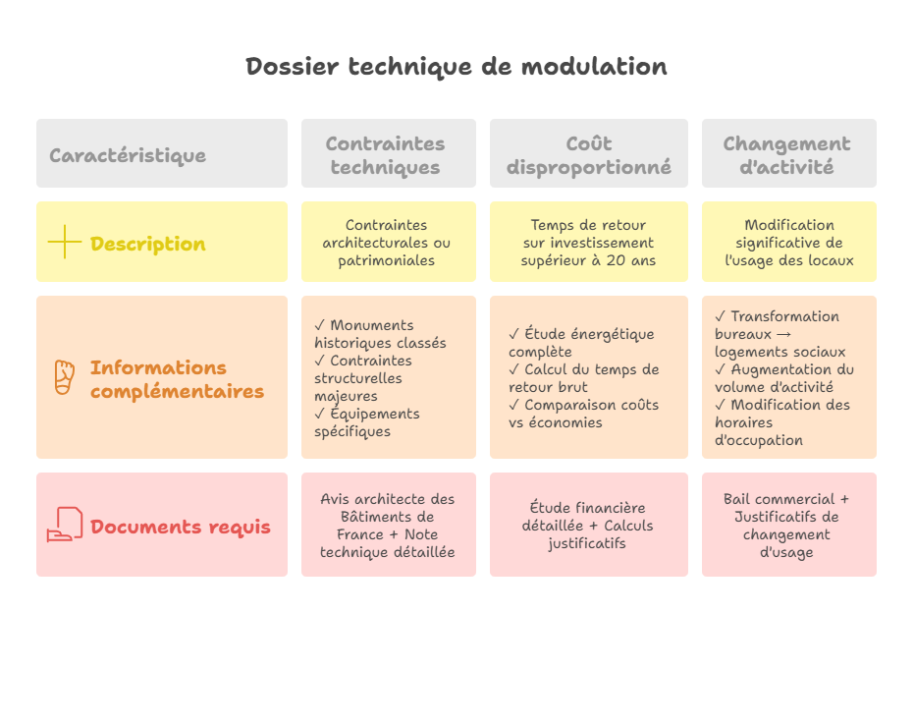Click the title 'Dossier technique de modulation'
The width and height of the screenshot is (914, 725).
457,67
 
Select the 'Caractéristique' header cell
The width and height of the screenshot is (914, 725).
128,155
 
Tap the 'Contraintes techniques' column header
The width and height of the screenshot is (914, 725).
385,155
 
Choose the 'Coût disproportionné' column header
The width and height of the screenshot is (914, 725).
589,155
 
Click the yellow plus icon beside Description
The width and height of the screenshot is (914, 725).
64,243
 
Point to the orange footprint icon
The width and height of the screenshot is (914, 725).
64,377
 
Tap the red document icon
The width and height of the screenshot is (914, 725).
64,525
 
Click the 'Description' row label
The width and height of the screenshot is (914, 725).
148,244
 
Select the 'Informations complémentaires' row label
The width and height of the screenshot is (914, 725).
177,379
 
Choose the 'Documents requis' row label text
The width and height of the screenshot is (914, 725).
181,527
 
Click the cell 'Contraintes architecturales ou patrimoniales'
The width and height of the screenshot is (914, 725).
387,243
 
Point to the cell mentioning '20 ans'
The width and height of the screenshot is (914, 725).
589,243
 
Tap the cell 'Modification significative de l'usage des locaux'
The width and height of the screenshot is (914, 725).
788,243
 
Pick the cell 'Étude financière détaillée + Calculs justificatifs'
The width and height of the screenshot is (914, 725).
587,525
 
